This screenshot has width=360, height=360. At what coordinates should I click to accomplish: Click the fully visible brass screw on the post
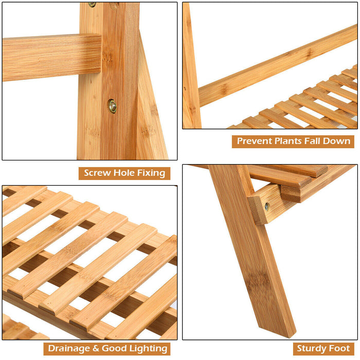coord(112,106)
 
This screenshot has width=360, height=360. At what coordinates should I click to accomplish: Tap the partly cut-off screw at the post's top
coord(93,4)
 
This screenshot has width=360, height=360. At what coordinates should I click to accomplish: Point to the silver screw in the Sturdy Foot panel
coord(267,207)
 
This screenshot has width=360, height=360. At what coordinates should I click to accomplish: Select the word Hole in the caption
coord(123,173)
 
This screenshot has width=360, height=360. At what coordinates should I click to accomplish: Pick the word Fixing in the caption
coord(151,173)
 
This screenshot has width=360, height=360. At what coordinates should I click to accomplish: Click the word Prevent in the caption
coord(256,141)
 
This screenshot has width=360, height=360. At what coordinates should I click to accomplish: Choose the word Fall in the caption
coord(320,141)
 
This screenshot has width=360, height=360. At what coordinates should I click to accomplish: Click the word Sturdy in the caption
coord(311,349)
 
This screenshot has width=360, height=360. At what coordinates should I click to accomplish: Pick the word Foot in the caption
coord(340,349)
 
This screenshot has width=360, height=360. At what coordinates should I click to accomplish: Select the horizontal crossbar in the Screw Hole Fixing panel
coord(51,58)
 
